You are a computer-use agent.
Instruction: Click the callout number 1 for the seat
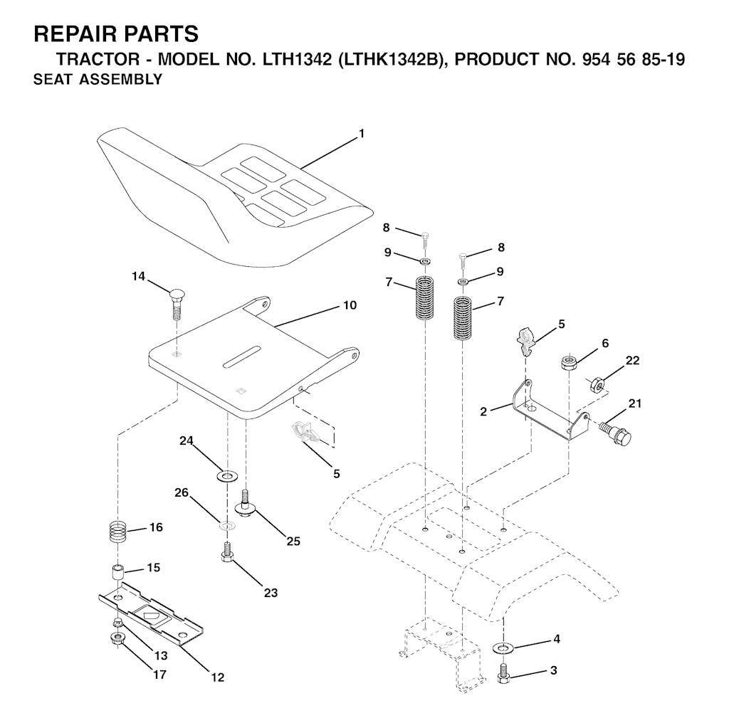tap(361, 134)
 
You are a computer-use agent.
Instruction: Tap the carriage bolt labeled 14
tap(177, 304)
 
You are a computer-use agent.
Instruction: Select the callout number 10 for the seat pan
tap(350, 305)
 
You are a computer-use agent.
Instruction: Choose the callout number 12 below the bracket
tap(218, 677)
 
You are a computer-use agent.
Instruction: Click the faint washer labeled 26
tap(227, 526)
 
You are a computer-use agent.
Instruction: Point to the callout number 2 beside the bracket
tap(483, 412)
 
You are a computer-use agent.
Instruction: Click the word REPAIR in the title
tap(75, 34)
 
